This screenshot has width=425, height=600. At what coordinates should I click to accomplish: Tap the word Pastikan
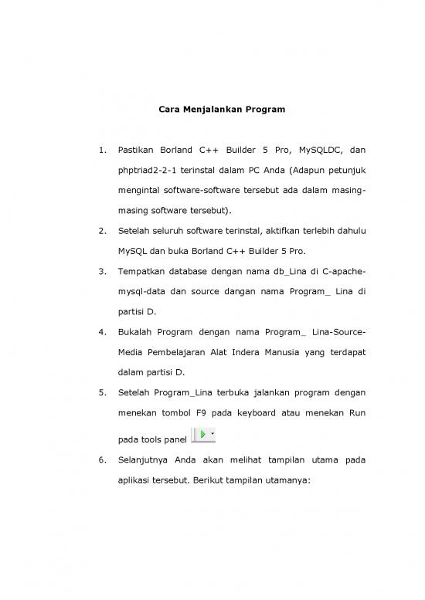pos(135,149)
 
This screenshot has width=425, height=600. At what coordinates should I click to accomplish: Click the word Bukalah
pos(134,332)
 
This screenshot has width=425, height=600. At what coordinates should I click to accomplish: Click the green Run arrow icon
pos(202,435)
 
